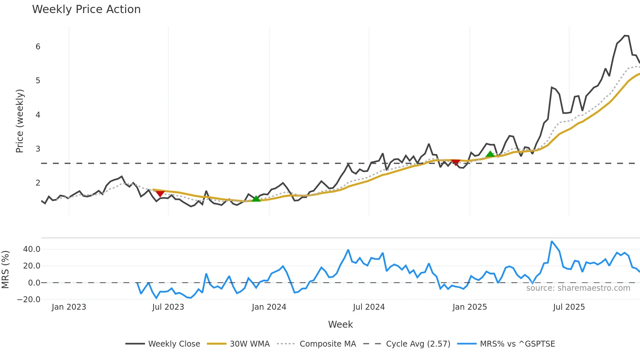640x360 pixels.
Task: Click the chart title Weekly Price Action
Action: point(86,9)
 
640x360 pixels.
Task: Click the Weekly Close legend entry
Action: point(174,344)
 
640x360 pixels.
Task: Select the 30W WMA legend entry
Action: point(249,344)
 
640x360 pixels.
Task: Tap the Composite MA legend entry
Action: point(328,344)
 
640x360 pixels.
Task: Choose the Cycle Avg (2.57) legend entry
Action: point(418,344)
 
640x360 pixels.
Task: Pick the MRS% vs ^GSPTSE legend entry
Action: point(517,344)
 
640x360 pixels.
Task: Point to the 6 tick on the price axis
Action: point(38,47)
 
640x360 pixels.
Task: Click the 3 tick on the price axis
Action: point(38,149)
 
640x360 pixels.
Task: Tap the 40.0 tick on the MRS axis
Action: point(32,249)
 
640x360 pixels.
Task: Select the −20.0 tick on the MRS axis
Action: point(29,300)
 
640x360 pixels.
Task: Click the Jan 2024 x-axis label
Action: point(269,307)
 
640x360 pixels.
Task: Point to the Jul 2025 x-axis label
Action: point(569,307)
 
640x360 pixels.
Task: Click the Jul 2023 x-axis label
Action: point(168,307)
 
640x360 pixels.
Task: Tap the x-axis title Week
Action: point(340,324)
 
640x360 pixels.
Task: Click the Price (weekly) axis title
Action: point(20,121)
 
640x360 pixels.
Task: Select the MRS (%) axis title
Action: point(5,270)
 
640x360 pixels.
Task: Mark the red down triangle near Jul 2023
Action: point(160,194)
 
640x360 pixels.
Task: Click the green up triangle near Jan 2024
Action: point(256,199)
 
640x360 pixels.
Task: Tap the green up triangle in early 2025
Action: point(490,154)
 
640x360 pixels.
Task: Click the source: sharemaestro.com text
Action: point(578,288)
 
